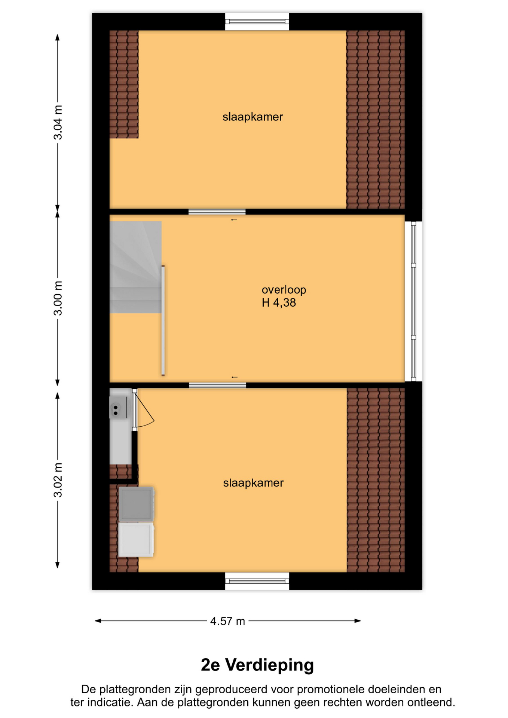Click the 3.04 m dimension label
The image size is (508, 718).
click(58, 123)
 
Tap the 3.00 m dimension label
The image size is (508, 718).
click(58, 298)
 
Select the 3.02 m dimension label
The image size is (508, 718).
click(58, 480)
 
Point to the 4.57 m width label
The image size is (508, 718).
click(227, 621)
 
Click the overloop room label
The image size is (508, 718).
click(284, 290)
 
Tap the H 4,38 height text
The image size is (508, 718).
click(279, 303)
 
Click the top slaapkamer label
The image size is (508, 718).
click(253, 117)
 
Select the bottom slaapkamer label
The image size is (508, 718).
click(253, 483)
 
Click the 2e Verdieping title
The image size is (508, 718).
click(257, 665)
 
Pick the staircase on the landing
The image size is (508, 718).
click(135, 267)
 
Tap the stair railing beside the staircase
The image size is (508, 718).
click(163, 320)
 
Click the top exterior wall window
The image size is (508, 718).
click(257, 22)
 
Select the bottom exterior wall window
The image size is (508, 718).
click(257, 581)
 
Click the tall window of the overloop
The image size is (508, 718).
click(413, 301)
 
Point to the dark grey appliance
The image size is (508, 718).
click(137, 504)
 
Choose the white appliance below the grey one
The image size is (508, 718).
click(136, 540)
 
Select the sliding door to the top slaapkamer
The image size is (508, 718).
click(217, 212)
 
